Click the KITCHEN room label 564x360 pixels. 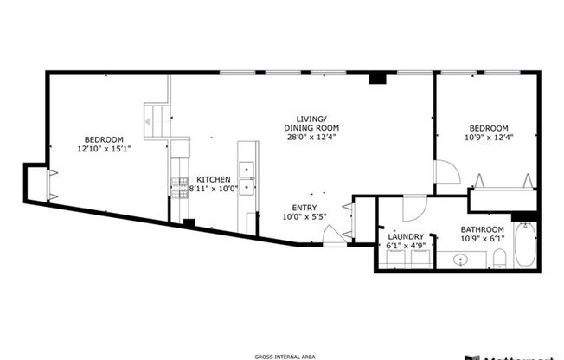coord(213,179)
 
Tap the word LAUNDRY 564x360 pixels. coord(405,236)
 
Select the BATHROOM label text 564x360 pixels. coord(482,228)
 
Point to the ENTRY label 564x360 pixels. coord(304,207)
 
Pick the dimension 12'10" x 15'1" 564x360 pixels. coord(103,149)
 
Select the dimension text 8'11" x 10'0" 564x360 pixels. coord(213,189)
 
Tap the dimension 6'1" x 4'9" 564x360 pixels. coord(405,246)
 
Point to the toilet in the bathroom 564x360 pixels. coord(500,258)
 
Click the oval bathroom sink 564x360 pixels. coord(461,259)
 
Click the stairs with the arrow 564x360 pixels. coord(157,119)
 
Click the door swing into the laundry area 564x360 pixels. coord(414,209)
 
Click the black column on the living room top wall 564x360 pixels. coord(376,80)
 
